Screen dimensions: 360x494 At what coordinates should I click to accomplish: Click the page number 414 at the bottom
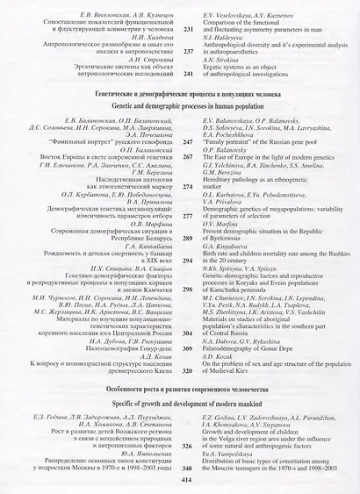(184, 481)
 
